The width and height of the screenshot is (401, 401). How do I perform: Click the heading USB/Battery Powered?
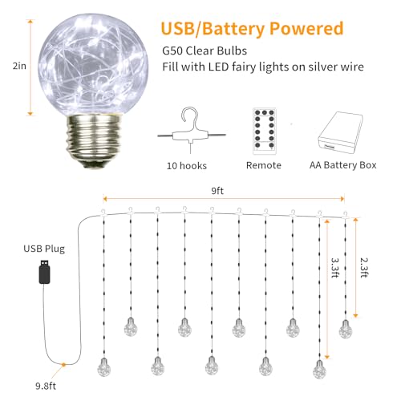click(252, 29)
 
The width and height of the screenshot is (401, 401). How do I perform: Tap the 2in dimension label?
click(19, 66)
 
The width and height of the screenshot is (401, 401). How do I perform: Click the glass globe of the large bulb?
click(93, 65)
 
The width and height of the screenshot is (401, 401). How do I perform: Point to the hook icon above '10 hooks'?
click(192, 131)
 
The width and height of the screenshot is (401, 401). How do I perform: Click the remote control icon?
click(265, 131)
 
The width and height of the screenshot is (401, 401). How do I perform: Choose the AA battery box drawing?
click(340, 132)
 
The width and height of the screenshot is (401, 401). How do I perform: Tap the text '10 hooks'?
click(187, 166)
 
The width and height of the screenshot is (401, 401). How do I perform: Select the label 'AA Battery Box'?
click(343, 165)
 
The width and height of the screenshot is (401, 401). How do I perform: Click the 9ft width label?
click(217, 191)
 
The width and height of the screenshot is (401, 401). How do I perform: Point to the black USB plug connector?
click(45, 272)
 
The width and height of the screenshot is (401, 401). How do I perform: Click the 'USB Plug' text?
click(44, 249)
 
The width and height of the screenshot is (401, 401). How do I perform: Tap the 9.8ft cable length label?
click(46, 386)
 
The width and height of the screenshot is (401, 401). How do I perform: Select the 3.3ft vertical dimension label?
click(335, 268)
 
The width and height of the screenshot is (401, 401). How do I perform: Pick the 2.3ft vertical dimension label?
click(364, 268)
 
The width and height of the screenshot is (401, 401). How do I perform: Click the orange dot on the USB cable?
click(63, 364)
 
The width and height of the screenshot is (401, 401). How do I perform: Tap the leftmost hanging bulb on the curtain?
click(103, 367)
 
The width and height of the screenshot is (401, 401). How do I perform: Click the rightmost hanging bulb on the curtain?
click(346, 329)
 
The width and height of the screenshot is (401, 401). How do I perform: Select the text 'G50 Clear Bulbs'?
click(205, 51)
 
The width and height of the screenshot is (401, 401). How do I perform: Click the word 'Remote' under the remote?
click(264, 165)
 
